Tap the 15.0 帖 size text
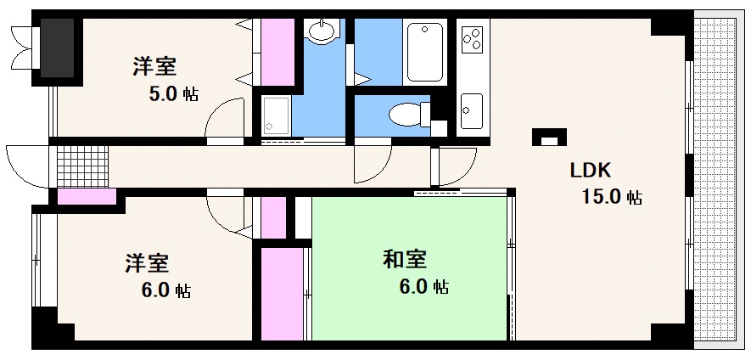pyautogui.click(x=610, y=198)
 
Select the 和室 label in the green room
pyautogui.click(x=404, y=258)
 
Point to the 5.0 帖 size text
pyautogui.click(x=174, y=94)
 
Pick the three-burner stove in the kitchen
pyautogui.click(x=472, y=39)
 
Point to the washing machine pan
pyautogui.click(x=276, y=115)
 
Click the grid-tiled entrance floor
pyautogui.click(x=83, y=165)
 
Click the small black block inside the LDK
pyautogui.click(x=547, y=138)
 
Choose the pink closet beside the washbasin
pyautogui.click(x=277, y=51)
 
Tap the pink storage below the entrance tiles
pyautogui.click(x=87, y=197)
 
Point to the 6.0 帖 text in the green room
pyautogui.click(x=423, y=287)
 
